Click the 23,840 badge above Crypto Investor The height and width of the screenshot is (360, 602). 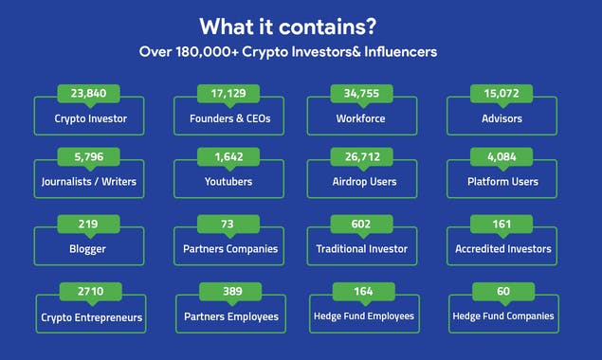(88, 94)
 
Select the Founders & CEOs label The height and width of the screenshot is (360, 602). (228, 120)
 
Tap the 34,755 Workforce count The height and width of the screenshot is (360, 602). (361, 94)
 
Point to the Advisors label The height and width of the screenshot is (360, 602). (502, 120)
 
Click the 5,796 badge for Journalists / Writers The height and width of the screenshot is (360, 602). (88, 156)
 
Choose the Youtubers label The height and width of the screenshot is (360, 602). (228, 182)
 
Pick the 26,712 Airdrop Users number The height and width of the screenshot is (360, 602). (361, 156)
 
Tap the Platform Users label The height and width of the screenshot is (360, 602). (502, 182)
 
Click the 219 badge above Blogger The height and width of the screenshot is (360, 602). (88, 225)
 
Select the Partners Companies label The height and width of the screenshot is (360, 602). (228, 249)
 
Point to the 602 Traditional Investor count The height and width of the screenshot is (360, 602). (361, 225)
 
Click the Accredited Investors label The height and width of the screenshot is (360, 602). (502, 249)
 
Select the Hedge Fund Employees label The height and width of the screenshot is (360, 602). (364, 316)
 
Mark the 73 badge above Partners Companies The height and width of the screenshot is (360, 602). (228, 225)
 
